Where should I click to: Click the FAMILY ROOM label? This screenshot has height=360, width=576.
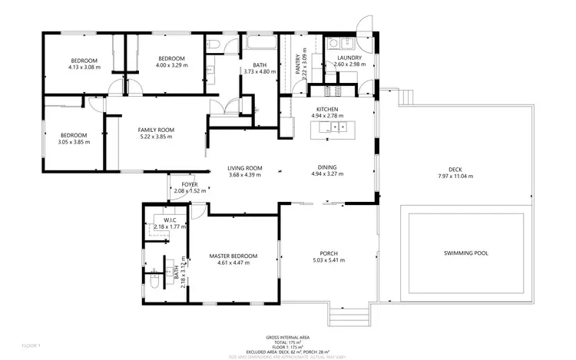(156, 130)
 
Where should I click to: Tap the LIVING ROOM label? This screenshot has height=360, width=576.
(245, 168)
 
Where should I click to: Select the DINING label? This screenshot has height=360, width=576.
(328, 168)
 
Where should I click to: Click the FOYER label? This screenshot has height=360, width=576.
(190, 184)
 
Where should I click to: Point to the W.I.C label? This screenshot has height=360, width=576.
(170, 220)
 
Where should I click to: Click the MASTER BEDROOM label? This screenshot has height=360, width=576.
(233, 256)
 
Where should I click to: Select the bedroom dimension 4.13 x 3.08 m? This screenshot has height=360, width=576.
(84, 68)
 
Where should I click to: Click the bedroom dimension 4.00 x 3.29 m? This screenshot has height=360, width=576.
(172, 66)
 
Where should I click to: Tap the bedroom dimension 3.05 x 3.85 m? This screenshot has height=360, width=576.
(74, 142)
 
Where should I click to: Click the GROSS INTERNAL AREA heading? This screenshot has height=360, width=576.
(288, 337)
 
